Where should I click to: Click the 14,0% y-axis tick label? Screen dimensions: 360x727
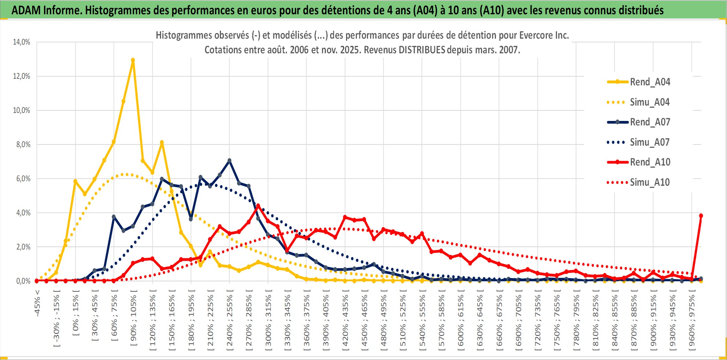point(22,42)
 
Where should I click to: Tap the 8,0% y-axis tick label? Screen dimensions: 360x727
point(23,144)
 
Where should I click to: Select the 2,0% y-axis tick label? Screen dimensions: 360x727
point(23,247)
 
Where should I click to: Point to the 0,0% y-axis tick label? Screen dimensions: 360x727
point(23,281)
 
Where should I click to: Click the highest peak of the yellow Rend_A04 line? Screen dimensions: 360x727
point(133,60)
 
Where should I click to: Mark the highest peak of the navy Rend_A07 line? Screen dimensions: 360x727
point(229,161)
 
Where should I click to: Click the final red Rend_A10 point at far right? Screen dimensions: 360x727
point(701,216)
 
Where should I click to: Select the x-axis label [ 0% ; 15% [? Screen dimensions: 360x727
point(75,315)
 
